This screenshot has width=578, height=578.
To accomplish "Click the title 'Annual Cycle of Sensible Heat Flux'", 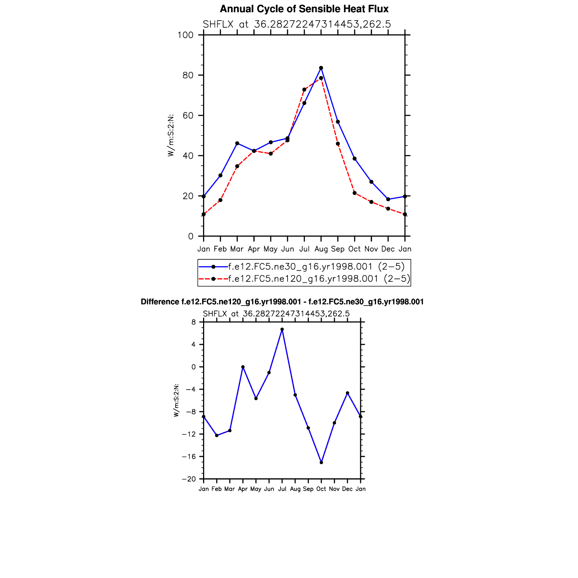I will click(304, 9).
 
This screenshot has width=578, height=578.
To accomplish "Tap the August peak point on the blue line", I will click(321, 68).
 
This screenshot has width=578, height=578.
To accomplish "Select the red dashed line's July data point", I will click(304, 90).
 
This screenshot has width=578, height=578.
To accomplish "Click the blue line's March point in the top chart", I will click(237, 143).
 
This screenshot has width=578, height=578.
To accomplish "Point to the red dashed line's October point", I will click(354, 193).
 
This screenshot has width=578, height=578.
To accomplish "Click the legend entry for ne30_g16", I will click(316, 267).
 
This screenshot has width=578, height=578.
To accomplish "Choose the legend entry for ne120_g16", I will click(319, 279).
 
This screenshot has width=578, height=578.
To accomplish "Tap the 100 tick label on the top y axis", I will click(185, 35).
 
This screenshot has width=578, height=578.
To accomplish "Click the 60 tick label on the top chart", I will click(188, 116).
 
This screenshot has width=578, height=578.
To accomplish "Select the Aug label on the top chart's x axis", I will click(321, 249).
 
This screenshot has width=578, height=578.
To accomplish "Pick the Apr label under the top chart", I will click(254, 249).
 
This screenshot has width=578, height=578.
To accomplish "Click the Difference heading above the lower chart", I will click(282, 302).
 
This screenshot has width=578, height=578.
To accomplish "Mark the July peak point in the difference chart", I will click(282, 329).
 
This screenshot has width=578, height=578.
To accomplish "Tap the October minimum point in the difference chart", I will click(321, 462).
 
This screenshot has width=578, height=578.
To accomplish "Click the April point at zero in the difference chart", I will click(243, 367).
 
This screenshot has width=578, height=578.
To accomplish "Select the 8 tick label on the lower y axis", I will click(194, 322).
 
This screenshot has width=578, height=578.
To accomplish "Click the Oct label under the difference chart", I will click(321, 489).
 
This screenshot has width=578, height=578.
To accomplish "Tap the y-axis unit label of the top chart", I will click(171, 135).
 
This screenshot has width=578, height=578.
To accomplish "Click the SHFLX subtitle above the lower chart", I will click(276, 314).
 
